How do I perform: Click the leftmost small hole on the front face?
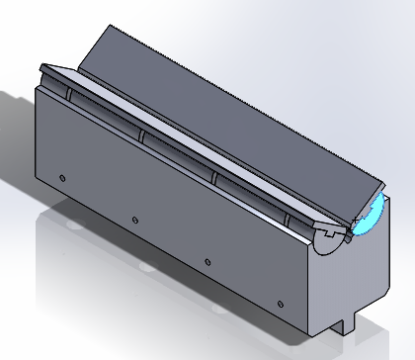pyautogui.click(x=62, y=178)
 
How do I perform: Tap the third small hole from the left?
pyautogui.click(x=207, y=259)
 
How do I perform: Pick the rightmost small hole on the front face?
pyautogui.click(x=282, y=302)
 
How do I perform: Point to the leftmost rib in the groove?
pyautogui.click(x=70, y=93)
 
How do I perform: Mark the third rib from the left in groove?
pyautogui.click(x=215, y=174)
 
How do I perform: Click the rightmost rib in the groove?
pyautogui.click(x=289, y=215)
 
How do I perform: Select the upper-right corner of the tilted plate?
pyautogui.click(x=382, y=189)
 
